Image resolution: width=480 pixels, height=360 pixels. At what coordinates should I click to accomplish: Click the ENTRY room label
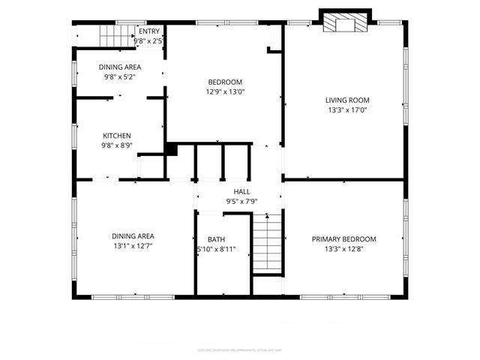(149, 31)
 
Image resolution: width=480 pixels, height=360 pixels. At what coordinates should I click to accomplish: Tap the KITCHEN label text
(117, 136)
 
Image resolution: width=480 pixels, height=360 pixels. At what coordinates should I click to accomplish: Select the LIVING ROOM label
(347, 100)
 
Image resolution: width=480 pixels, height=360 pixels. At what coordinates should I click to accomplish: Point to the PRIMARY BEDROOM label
(344, 239)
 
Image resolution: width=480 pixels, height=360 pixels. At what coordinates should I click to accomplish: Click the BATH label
(217, 239)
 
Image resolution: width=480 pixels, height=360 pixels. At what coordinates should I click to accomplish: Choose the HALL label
(241, 192)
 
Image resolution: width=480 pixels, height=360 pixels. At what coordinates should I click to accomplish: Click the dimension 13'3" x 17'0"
(347, 110)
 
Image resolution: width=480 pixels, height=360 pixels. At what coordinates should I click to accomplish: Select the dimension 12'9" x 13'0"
(225, 91)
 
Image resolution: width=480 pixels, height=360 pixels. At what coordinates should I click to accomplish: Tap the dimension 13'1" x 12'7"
(133, 246)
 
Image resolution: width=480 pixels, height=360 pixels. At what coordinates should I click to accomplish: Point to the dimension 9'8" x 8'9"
(117, 146)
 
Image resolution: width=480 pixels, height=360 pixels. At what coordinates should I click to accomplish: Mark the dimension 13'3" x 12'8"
(344, 250)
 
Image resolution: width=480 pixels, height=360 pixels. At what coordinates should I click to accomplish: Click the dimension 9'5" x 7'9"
(241, 202)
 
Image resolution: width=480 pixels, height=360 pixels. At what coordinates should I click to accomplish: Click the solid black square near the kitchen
(171, 150)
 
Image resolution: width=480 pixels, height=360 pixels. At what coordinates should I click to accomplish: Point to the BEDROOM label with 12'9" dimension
(225, 82)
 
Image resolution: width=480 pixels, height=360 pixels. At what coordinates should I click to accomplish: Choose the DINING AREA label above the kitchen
(120, 67)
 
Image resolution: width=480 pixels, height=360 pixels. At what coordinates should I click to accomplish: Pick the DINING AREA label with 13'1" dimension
(133, 235)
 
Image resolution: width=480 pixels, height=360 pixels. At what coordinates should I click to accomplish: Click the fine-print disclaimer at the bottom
(240, 349)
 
